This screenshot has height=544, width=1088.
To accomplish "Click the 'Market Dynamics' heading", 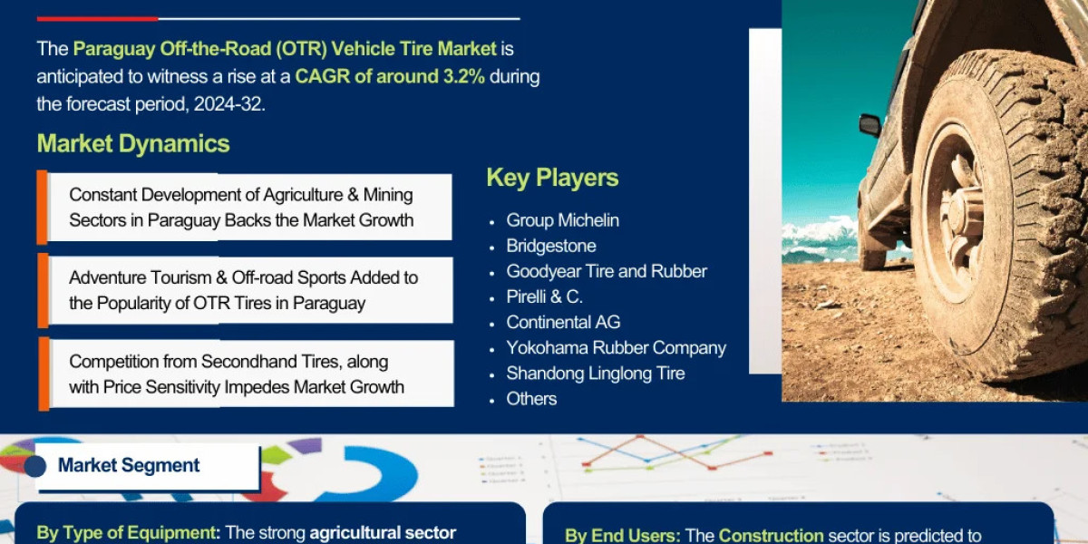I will coord(133,143).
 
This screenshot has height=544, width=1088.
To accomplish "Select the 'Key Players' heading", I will coord(552,178).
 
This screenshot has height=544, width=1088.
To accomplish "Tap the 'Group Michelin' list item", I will coord(562,220).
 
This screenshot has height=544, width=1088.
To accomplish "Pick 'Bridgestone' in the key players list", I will coord(550,246).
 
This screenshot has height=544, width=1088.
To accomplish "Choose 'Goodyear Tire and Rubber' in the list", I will coord(606,271).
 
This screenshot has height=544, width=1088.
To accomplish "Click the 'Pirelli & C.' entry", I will coord(544,296).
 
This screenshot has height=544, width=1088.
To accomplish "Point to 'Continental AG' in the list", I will coord(563,322).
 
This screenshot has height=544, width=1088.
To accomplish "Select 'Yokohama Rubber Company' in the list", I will coord(616,347).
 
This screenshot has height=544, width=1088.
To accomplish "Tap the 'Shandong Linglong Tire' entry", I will coord(595,373).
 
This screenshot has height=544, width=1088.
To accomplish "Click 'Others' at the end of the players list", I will coord(531,398).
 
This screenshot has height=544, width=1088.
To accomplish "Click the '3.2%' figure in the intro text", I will coord(463,76).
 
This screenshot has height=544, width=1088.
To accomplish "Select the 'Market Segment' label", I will coord(129,465).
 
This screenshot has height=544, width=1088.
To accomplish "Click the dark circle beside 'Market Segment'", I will coord(35,466).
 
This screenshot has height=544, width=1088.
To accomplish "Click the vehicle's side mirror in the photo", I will coord(869,125).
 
